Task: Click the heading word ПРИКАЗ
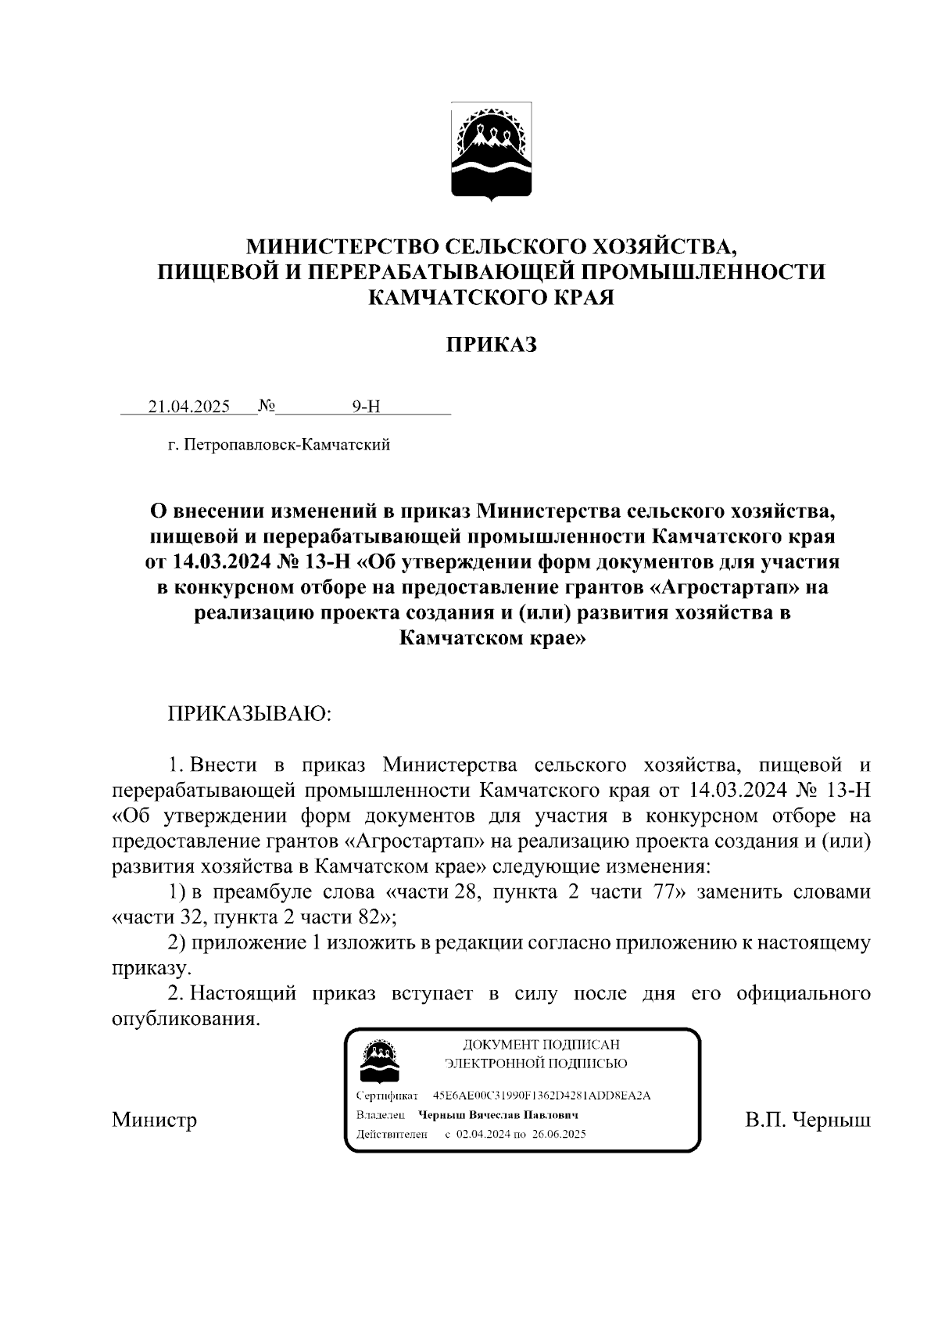pyautogui.click(x=492, y=345)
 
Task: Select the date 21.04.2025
pyautogui.click(x=189, y=407)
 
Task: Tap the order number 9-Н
pyautogui.click(x=365, y=407)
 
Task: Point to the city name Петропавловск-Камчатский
pyautogui.click(x=285, y=446)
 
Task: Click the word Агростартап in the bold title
pyautogui.click(x=717, y=586)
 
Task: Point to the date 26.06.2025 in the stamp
pyautogui.click(x=559, y=1134)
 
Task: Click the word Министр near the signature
pyautogui.click(x=154, y=1120)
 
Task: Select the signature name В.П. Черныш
pyautogui.click(x=807, y=1120)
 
